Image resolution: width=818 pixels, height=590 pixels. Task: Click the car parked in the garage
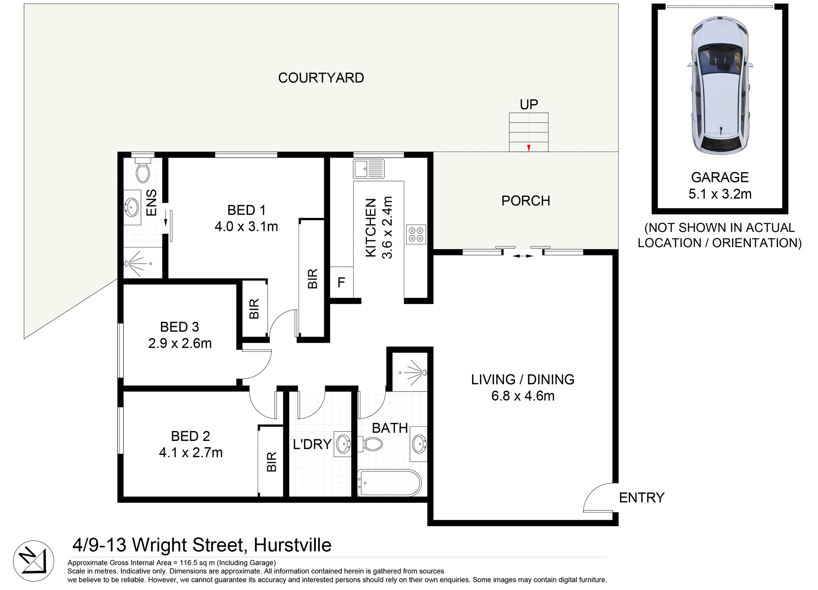(x=720, y=85)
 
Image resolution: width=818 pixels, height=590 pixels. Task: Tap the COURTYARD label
(x=321, y=78)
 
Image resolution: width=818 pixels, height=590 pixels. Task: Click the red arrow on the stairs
(x=529, y=148)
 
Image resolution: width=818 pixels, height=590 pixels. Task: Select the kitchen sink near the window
(x=369, y=169)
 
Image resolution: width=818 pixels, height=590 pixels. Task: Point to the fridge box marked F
(x=341, y=282)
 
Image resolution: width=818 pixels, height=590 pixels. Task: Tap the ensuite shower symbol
(x=138, y=262)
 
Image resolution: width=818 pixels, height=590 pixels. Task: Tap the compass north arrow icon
(x=34, y=561)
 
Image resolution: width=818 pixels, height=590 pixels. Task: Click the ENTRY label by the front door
(x=641, y=498)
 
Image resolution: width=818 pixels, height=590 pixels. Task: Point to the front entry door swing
(x=599, y=498)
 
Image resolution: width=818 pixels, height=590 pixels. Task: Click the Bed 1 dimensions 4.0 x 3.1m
(x=246, y=227)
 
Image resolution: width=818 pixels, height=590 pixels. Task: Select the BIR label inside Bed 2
(x=271, y=462)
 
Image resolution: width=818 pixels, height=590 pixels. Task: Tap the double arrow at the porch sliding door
(x=522, y=256)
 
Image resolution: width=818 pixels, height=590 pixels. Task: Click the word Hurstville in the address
(x=292, y=545)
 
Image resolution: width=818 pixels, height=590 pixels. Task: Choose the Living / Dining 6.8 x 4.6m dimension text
(x=523, y=396)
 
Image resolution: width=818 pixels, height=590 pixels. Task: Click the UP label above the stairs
(x=529, y=104)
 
